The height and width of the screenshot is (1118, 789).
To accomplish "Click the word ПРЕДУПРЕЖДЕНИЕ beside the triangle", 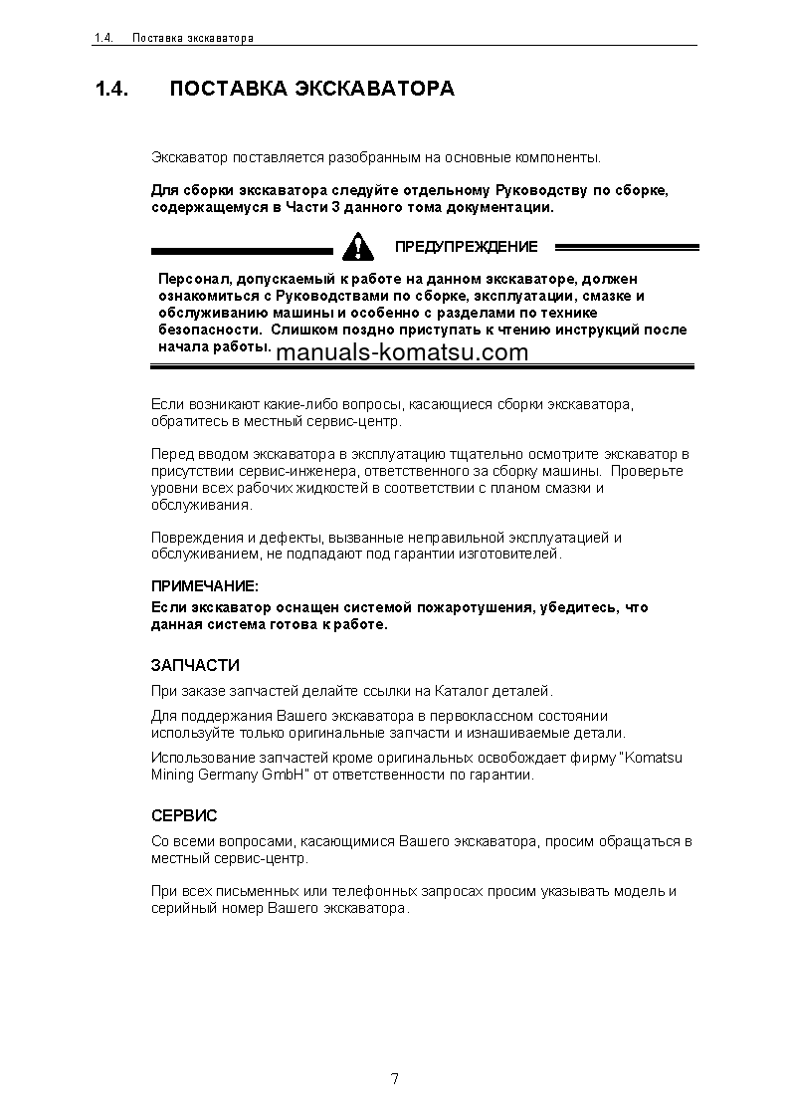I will coord(466,246).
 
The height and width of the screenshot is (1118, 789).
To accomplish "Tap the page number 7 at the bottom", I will coord(395,1079).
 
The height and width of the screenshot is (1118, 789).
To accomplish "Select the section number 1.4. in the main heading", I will coord(112,90).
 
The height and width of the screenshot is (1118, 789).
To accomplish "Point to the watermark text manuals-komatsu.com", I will coord(402,352).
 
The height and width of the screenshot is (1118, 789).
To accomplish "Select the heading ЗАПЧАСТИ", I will coord(195,665).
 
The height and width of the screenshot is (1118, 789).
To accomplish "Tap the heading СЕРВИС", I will coord(184,815).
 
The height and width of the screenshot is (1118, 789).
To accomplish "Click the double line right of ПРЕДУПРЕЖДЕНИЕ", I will coord(626,247).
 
